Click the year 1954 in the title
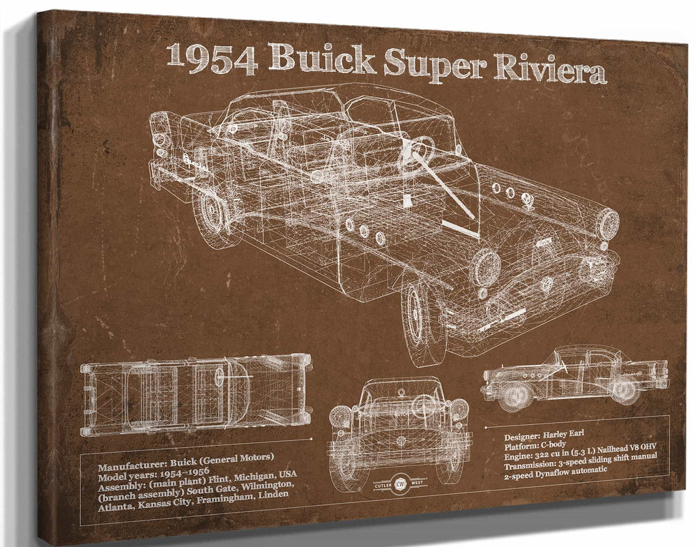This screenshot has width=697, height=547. pos(212,59)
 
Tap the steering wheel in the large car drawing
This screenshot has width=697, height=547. pos(417,153)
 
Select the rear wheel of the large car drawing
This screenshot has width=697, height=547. pos(210,212)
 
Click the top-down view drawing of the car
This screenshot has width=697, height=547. pos(196,394)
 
